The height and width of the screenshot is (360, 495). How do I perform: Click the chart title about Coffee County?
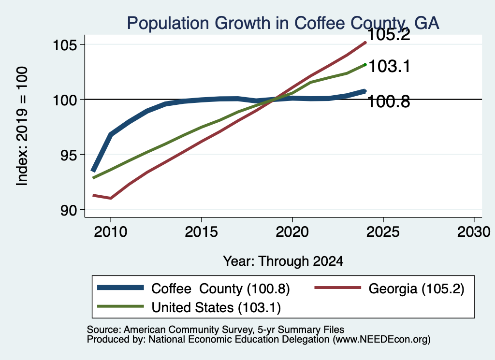(283, 23)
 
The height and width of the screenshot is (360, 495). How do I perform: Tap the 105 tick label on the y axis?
(65, 45)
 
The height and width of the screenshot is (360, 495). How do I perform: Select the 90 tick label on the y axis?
(69, 210)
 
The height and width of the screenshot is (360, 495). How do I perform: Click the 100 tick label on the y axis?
(65, 101)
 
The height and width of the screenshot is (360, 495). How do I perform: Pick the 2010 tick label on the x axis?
(111, 232)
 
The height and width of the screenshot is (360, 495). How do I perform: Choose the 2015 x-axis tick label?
(202, 232)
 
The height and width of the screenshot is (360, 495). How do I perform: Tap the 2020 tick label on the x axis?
(292, 232)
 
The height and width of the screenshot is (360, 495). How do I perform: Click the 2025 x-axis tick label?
(383, 232)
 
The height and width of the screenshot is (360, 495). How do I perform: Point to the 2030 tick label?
(474, 232)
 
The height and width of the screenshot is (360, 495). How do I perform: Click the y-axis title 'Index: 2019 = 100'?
(22, 126)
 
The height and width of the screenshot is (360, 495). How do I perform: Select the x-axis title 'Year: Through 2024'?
(283, 261)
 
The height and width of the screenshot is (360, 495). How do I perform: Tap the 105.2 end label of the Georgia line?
(389, 34)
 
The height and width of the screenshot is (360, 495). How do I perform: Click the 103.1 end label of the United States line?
(389, 67)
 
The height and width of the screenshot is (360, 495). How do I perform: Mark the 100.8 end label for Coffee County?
(389, 102)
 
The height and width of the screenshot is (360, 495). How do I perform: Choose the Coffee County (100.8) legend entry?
(220, 288)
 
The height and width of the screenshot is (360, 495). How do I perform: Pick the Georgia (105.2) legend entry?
(416, 288)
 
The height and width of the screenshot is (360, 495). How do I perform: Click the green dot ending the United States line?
(365, 65)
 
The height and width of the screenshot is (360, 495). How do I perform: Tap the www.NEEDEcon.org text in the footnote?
(381, 340)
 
